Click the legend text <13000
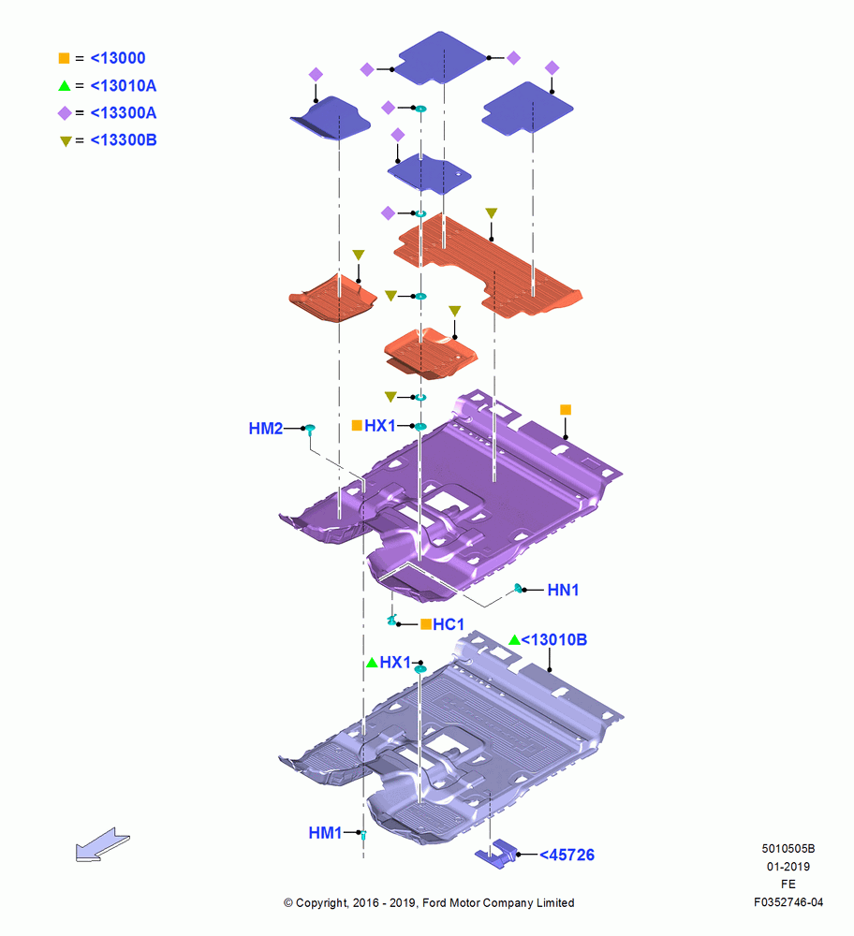118,58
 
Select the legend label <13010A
124,86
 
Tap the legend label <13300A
124,113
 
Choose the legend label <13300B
124,140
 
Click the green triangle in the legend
65,86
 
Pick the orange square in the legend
64,58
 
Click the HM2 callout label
266,429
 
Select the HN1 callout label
563,591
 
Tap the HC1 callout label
449,624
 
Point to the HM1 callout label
326,833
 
